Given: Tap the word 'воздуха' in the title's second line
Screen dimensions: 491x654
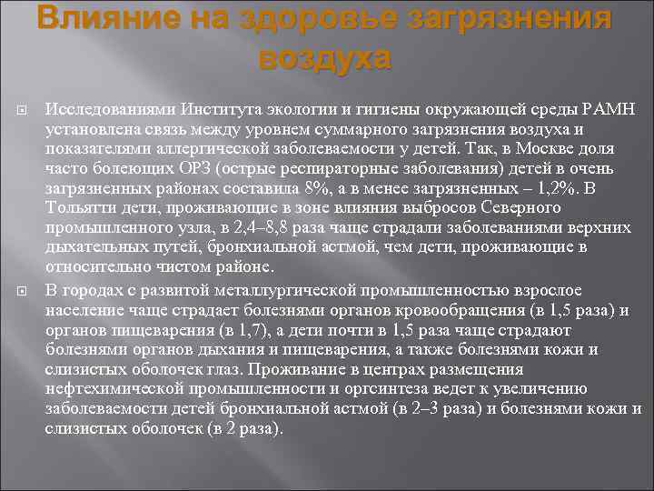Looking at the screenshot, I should point(324,57).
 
